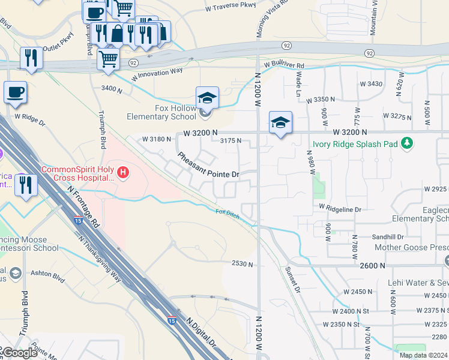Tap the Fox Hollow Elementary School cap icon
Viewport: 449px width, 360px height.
click(x=207, y=98)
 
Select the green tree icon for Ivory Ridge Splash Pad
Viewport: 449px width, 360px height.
click(x=408, y=143)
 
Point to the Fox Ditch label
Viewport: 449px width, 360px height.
click(x=228, y=212)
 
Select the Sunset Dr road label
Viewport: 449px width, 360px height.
click(x=292, y=280)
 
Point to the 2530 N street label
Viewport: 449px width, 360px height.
click(x=243, y=263)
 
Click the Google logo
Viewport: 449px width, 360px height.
click(x=19, y=353)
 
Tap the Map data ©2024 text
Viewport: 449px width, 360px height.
click(x=424, y=355)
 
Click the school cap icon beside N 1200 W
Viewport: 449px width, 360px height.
click(x=280, y=122)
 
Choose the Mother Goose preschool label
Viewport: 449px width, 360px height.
click(x=411, y=247)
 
